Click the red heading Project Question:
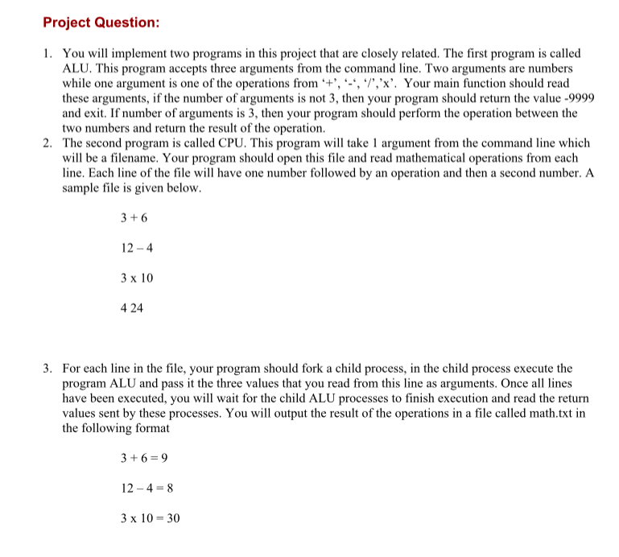pyautogui.click(x=101, y=23)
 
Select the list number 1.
pyautogui.click(x=47, y=54)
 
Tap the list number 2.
pyautogui.click(x=47, y=143)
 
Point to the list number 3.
pyautogui.click(x=47, y=369)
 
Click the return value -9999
pyautogui.click(x=563, y=98)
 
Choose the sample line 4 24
pyautogui.click(x=131, y=308)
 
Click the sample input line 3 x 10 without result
pyautogui.click(x=136, y=278)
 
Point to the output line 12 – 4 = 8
pyautogui.click(x=147, y=488)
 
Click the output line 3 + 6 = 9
pyautogui.click(x=143, y=458)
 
